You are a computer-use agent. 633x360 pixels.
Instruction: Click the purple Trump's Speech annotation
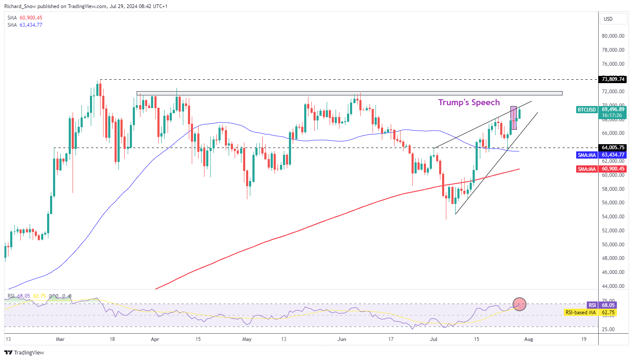tap(469, 102)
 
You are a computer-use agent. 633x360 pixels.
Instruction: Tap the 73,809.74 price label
tap(613, 79)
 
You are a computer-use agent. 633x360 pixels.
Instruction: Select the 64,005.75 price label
tap(613, 148)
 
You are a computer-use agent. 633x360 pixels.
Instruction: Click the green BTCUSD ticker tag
tap(586, 110)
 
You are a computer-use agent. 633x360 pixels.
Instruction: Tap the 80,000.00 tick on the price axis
tap(613, 36)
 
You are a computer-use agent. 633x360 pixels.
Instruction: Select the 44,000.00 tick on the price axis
tap(613, 286)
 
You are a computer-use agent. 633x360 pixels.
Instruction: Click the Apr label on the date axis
tap(155, 339)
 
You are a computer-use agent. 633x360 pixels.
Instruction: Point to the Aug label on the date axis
tap(528, 339)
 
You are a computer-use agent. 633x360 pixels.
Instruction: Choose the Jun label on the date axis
tap(342, 339)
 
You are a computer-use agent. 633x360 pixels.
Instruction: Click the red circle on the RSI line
tap(519, 304)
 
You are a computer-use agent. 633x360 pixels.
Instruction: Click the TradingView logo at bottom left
tap(24, 353)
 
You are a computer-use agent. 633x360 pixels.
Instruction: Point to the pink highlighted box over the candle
tap(513, 117)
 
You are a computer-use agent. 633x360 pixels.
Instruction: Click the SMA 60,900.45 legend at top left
tap(25, 18)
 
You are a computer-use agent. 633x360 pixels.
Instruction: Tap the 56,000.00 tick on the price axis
tap(613, 203)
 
